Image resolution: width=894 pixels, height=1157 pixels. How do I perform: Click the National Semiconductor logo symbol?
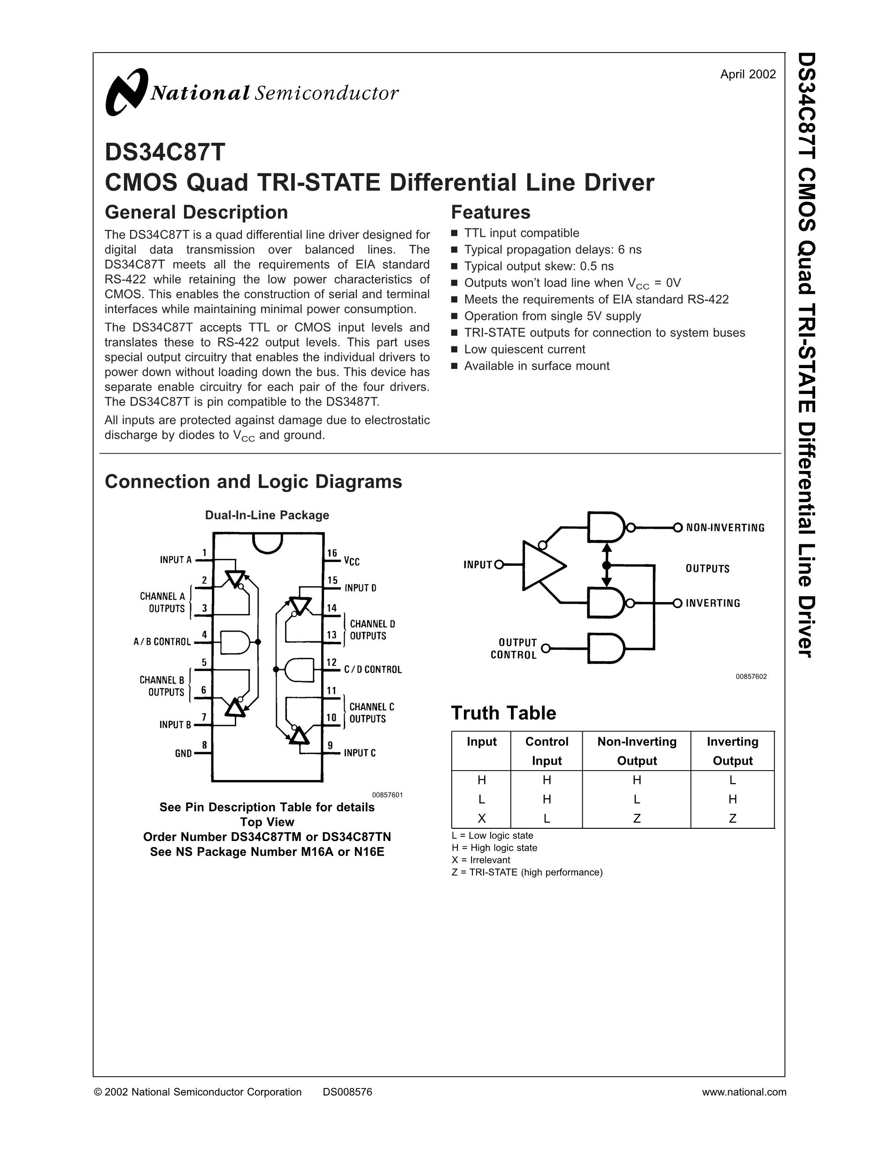tap(126, 92)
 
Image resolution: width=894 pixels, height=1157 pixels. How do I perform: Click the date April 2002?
tap(748, 74)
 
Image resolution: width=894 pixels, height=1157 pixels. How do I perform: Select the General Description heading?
tap(196, 212)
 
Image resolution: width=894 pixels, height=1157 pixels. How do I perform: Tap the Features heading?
tap(490, 212)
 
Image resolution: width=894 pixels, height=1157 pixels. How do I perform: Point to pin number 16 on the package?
tap(332, 553)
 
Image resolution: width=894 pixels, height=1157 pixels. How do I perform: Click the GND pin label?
tap(183, 753)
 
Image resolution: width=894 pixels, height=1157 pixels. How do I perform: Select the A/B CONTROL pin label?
tap(162, 642)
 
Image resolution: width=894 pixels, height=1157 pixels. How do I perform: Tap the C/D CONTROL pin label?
tap(373, 670)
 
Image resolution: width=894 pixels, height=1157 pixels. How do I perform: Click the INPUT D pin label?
tap(360, 588)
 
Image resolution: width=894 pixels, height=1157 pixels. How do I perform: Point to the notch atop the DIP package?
tap(268, 542)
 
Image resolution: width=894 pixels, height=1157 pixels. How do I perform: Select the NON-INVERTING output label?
tap(725, 528)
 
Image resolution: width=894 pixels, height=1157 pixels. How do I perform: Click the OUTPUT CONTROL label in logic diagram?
tap(514, 648)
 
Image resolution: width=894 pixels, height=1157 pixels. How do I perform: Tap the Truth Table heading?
tap(503, 713)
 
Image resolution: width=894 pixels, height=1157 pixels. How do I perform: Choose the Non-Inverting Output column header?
tap(637, 751)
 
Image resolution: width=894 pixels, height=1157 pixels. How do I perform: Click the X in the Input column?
tap(481, 818)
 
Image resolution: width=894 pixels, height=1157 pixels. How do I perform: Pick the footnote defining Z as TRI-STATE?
tap(527, 872)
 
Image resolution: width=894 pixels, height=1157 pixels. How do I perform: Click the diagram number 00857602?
tap(751, 677)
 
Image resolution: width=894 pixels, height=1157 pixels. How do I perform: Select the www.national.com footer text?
tap(744, 1092)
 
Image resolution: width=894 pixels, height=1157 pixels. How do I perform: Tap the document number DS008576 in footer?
tap(347, 1092)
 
